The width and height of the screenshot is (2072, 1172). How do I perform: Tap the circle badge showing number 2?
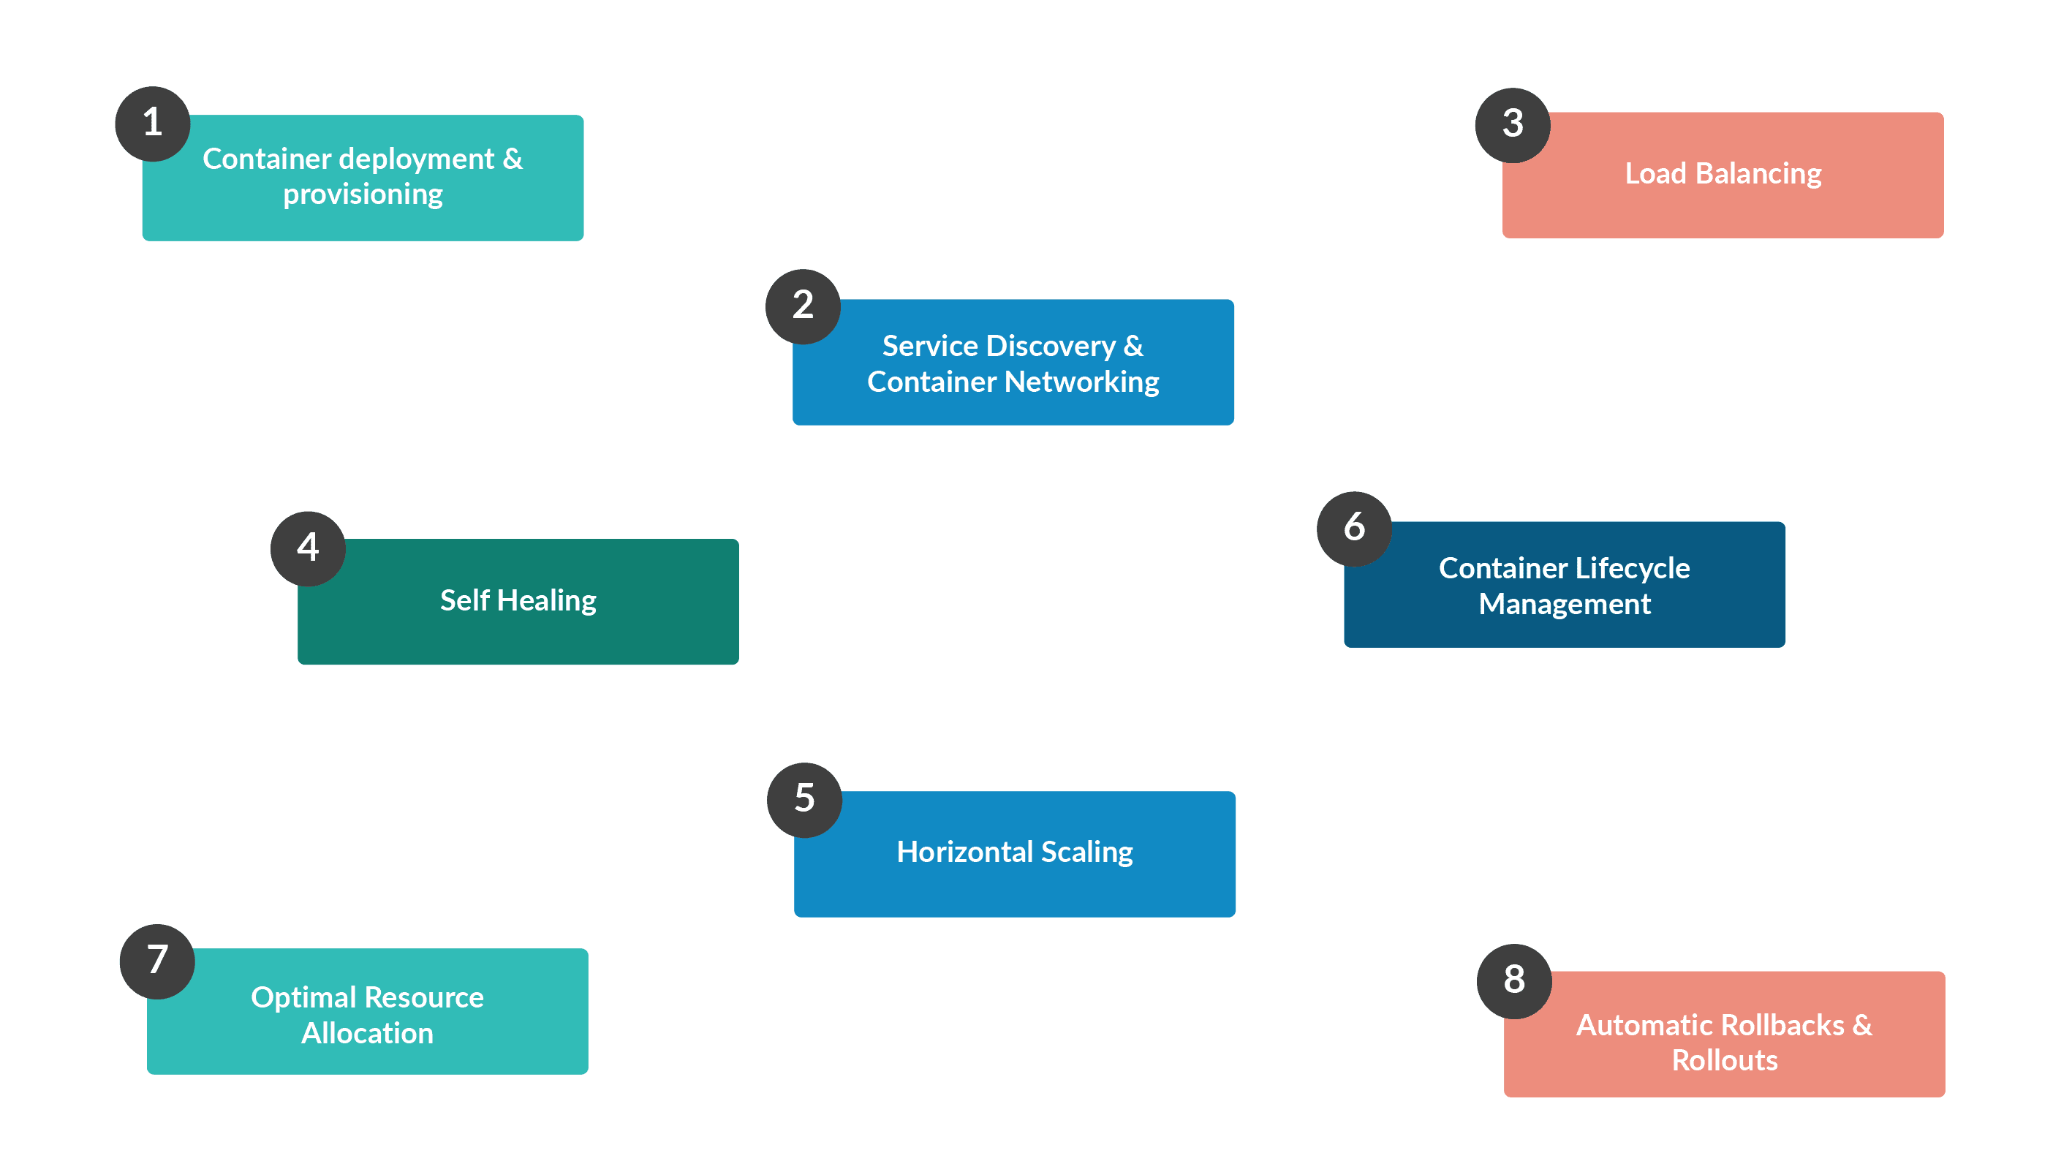pyautogui.click(x=803, y=306)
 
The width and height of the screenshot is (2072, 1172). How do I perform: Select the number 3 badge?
pyautogui.click(x=1512, y=125)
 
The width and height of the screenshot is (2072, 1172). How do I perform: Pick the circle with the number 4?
pyautogui.click(x=308, y=548)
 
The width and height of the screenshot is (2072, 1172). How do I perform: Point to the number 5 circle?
pyautogui.click(x=804, y=799)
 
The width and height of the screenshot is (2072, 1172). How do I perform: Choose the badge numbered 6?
pyautogui.click(x=1354, y=528)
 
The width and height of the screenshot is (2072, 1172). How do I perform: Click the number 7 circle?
pyautogui.click(x=157, y=961)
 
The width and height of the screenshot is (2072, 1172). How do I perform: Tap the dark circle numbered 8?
pyautogui.click(x=1513, y=980)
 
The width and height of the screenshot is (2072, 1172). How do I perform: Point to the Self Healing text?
pyautogui.click(x=518, y=600)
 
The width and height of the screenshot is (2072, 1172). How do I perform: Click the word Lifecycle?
pyautogui.click(x=1632, y=568)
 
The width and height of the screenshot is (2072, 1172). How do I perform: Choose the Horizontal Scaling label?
pyautogui.click(x=1014, y=852)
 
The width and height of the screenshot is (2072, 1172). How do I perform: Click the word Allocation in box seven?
pyautogui.click(x=367, y=1033)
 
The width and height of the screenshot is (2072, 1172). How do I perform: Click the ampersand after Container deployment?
pyautogui.click(x=512, y=159)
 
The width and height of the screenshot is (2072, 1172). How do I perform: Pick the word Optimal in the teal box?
pyautogui.click(x=303, y=997)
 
